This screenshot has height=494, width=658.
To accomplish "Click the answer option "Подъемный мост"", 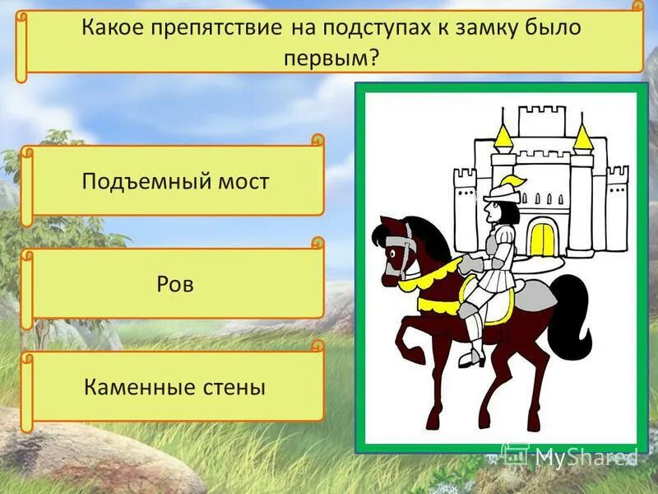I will point(175,181).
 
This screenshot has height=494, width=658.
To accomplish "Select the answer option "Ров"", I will point(175,284).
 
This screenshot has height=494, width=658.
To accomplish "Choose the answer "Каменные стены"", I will point(175,386).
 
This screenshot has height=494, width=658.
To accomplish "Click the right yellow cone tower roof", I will point(582,137).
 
